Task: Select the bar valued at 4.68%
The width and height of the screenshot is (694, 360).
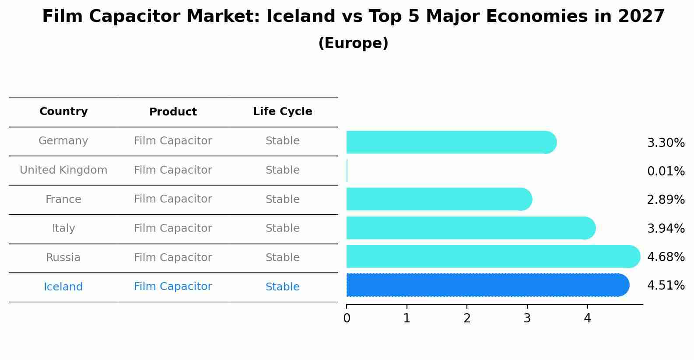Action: [493, 257]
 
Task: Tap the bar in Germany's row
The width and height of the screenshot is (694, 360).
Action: [451, 142]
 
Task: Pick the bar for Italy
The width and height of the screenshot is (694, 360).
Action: [470, 228]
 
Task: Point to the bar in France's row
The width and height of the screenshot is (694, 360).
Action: [439, 199]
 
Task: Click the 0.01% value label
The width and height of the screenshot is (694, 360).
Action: [666, 171]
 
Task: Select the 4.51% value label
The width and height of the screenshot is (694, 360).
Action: [666, 286]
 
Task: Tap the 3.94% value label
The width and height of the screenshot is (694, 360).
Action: [666, 228]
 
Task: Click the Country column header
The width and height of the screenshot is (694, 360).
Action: [63, 112]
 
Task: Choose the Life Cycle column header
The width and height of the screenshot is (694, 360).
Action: [282, 112]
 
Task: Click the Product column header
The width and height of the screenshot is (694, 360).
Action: [173, 112]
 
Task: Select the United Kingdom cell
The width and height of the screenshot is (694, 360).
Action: [63, 170]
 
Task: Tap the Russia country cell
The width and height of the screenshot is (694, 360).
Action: [63, 258]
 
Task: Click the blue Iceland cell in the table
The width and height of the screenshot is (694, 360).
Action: [63, 287]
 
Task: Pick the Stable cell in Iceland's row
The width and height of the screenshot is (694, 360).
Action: [282, 287]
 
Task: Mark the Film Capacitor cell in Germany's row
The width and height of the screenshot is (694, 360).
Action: [173, 141]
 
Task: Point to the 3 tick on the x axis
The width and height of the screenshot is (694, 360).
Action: [527, 318]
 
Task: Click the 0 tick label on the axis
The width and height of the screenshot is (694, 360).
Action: [347, 318]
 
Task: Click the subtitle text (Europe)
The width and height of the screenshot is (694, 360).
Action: [353, 43]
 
